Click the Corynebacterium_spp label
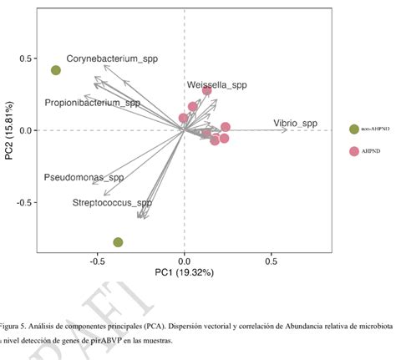[112, 59]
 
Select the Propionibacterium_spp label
[93, 103]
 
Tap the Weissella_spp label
[217, 85]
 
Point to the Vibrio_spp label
[295, 124]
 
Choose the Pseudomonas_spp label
[84, 178]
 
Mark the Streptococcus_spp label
[112, 202]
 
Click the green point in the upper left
[56, 70]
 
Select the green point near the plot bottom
[118, 242]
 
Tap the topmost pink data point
[206, 90]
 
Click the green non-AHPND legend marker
[354, 129]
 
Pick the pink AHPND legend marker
[354, 151]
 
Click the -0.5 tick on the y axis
[24, 203]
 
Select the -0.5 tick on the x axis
[97, 261]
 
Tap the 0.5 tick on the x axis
[271, 261]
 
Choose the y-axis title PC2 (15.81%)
[9, 132]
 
